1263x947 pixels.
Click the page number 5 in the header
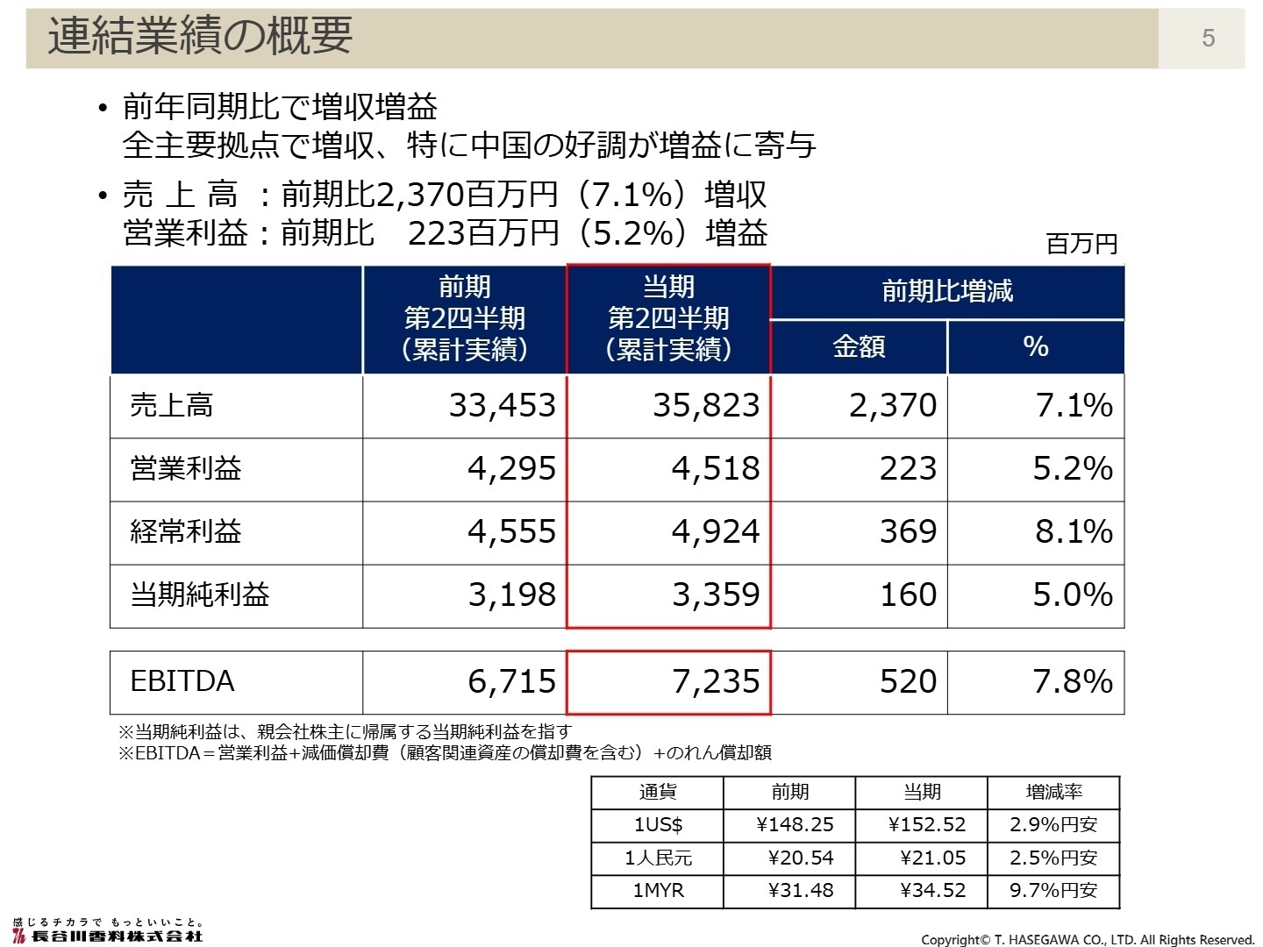(x=1208, y=38)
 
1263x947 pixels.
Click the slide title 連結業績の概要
(x=200, y=37)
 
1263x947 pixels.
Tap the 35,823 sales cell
(x=705, y=405)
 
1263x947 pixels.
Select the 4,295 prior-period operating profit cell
(x=511, y=468)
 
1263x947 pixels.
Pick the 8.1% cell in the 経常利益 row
(x=1074, y=531)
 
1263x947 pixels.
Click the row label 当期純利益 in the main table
(x=200, y=595)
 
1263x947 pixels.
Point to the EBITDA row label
(x=182, y=681)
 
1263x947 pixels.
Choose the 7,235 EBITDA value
(x=716, y=681)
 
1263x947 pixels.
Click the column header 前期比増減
(x=947, y=291)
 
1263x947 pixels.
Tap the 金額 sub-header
(x=859, y=347)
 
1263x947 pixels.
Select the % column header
(x=1036, y=347)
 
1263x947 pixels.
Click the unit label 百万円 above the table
(x=1082, y=244)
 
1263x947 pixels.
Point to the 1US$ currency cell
(x=658, y=825)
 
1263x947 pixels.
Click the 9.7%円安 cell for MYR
(x=1053, y=891)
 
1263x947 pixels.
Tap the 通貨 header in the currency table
(x=658, y=793)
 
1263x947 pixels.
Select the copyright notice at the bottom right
(x=1088, y=939)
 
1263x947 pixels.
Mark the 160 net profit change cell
(x=908, y=595)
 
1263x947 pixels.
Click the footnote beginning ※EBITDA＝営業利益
(x=445, y=752)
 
